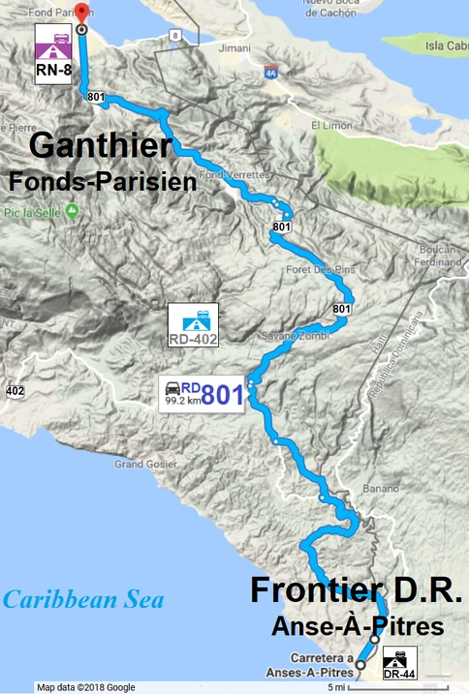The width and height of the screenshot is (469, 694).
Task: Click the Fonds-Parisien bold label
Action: [x=102, y=180]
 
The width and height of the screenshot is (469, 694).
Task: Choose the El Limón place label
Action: [x=329, y=126]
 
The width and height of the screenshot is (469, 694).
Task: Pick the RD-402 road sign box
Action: [x=193, y=326]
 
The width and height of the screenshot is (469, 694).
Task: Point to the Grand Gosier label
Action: [x=142, y=465]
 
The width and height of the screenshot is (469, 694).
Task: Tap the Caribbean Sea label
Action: [x=82, y=600]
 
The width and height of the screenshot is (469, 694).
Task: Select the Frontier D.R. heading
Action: [x=356, y=591]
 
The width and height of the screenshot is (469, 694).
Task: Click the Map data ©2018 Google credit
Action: [x=85, y=687]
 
